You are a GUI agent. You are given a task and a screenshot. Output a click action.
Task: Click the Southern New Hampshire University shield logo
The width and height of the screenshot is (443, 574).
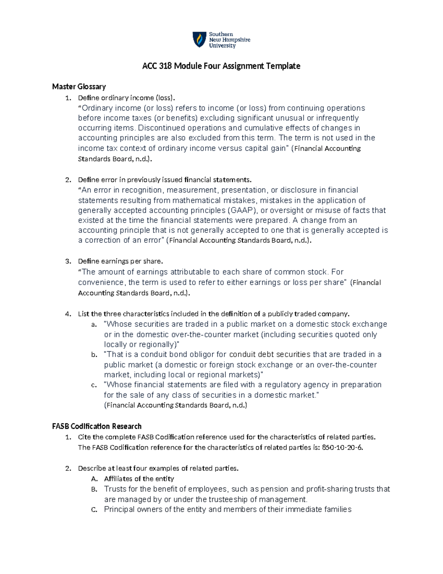(x=200, y=40)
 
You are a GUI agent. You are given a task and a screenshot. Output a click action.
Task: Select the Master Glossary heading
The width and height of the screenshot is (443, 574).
(x=79, y=86)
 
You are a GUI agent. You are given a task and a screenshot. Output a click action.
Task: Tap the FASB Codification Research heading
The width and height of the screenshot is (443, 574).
(x=97, y=426)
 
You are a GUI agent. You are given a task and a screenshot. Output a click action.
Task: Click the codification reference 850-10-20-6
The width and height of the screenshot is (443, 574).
(x=342, y=447)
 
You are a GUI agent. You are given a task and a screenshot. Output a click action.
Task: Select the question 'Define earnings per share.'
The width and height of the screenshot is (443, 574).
(x=120, y=261)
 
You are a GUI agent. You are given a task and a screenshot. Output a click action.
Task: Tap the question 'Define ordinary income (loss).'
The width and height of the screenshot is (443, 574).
(x=126, y=98)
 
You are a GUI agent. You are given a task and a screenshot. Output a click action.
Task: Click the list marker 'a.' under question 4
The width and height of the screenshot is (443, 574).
(x=94, y=325)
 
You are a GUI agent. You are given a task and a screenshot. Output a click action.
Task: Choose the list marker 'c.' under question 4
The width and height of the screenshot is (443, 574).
(x=94, y=385)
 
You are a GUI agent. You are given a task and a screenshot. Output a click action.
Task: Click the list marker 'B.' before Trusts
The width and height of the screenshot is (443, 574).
(x=94, y=489)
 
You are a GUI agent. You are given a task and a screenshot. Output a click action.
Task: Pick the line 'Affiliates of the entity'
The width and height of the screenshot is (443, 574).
(x=139, y=479)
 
